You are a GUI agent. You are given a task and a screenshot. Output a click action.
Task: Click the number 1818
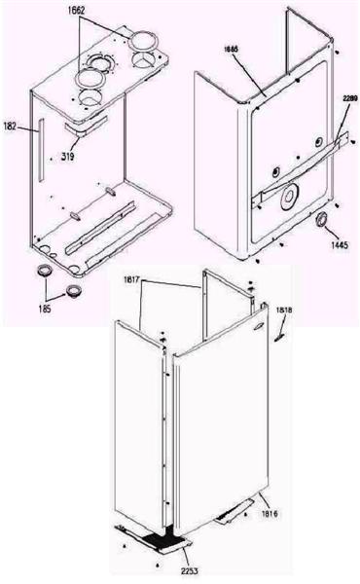point(284,310)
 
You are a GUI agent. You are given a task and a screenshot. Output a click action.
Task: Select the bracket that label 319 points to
point(84,129)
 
